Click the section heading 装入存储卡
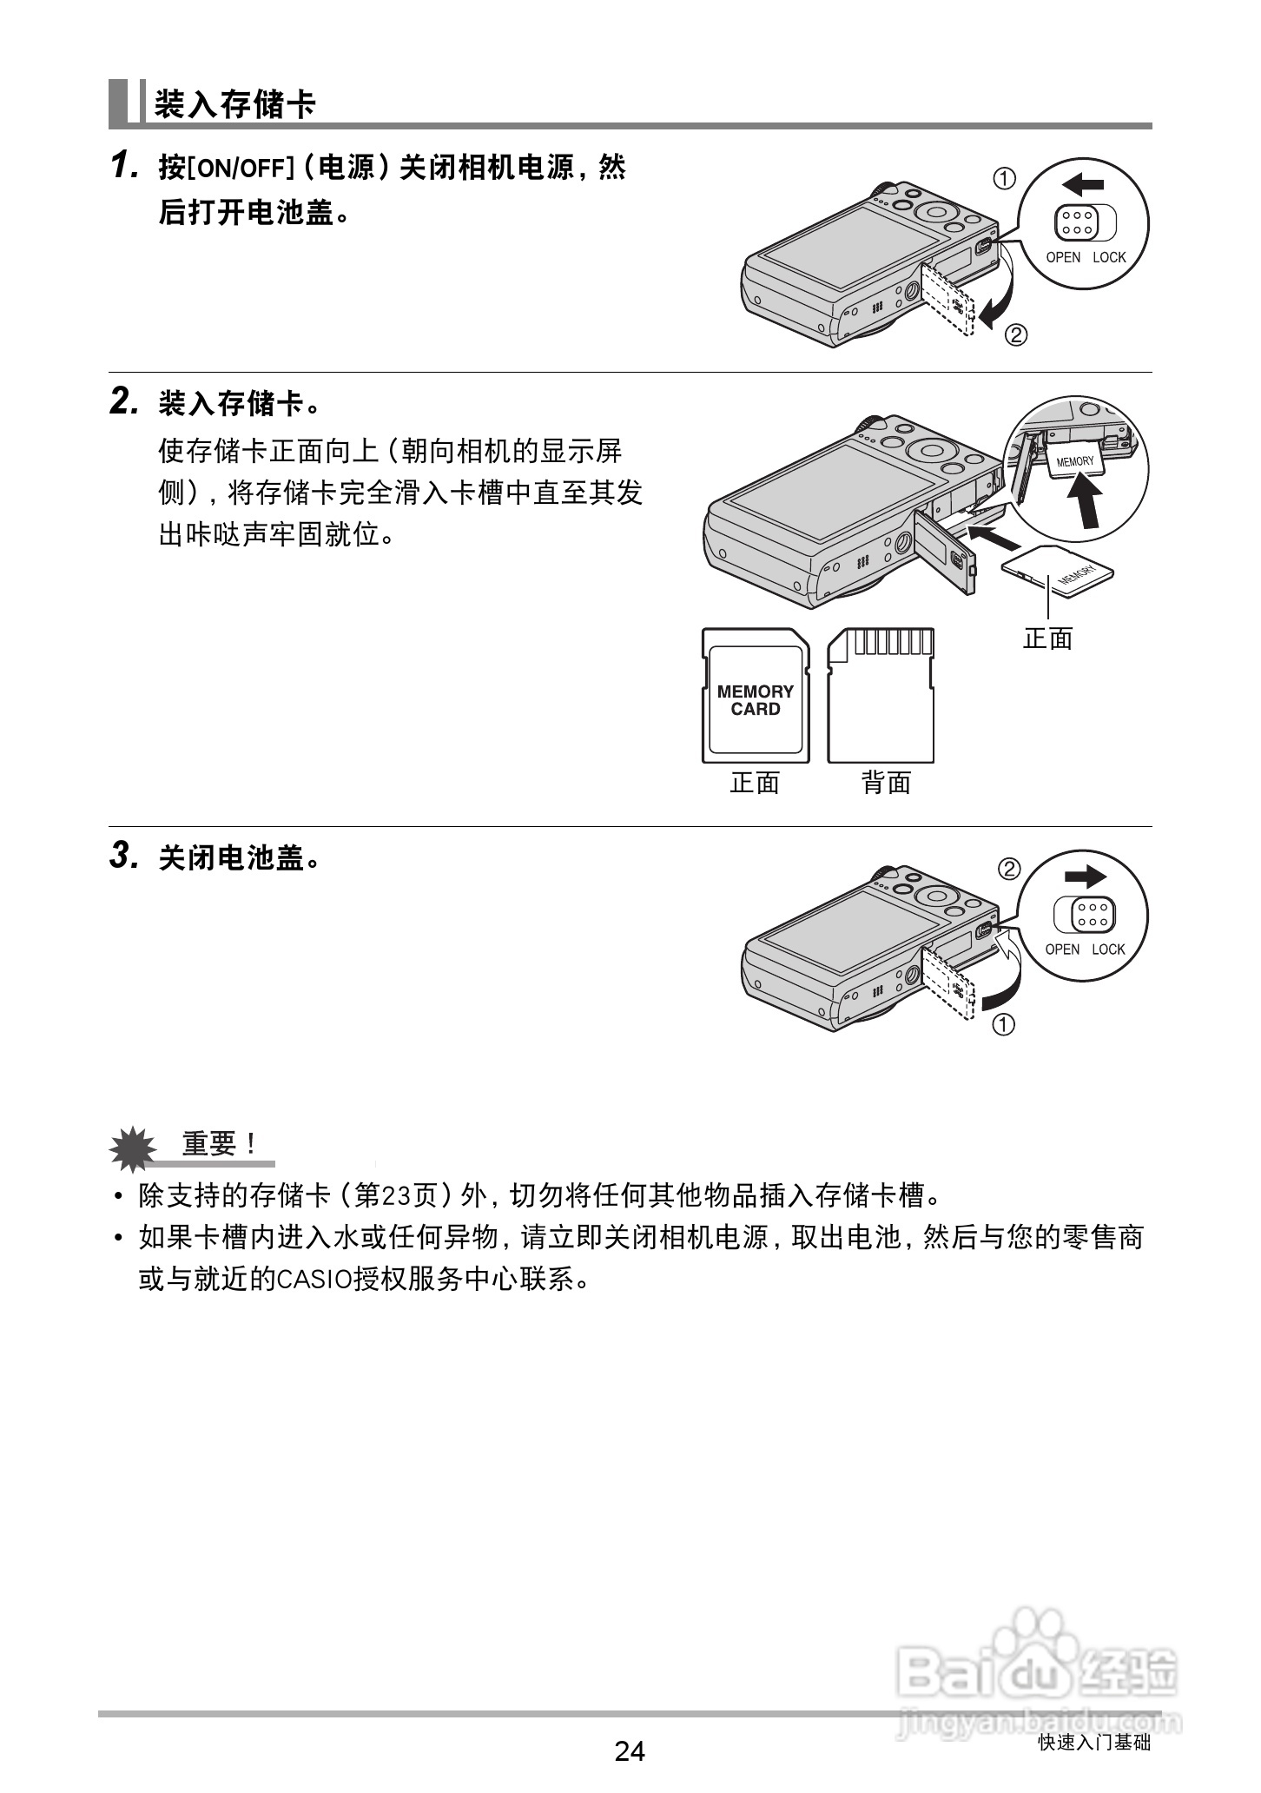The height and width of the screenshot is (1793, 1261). pos(234,105)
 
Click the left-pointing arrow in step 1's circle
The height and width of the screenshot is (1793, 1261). pos(1083,184)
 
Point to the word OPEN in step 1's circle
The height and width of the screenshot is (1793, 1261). pos(1062,257)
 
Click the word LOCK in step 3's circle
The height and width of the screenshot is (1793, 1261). pos(1108,949)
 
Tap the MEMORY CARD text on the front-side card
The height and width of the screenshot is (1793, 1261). pos(755,700)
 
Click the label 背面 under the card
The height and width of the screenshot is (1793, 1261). pos(886,784)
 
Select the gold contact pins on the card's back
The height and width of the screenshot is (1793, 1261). pos(893,642)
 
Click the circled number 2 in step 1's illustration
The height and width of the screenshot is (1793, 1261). pos(1015,334)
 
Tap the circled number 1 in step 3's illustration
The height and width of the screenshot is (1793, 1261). pos(1003,1025)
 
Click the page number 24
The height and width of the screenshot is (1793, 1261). pos(630,1750)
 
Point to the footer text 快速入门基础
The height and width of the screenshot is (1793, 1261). pos(1093,1743)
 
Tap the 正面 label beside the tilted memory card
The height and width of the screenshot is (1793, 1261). pos(1047,639)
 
